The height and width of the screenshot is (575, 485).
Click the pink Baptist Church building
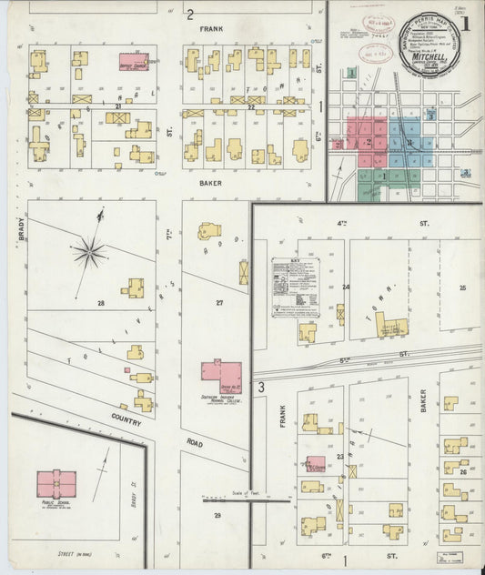coord(133,61)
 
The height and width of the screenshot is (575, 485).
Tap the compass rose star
coord(89,251)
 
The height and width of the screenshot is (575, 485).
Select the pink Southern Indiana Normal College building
coord(221,376)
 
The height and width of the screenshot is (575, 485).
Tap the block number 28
coord(101,303)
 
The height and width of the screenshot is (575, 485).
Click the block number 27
coord(219,302)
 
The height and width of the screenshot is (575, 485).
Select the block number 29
coord(217,516)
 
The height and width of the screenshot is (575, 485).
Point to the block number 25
coord(462,287)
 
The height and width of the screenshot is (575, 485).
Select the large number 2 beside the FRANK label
coord(190,15)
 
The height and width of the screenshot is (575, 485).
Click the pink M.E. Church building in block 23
coord(315,465)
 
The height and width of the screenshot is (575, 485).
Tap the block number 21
coord(117,106)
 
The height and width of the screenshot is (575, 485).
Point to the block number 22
coord(251,107)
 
